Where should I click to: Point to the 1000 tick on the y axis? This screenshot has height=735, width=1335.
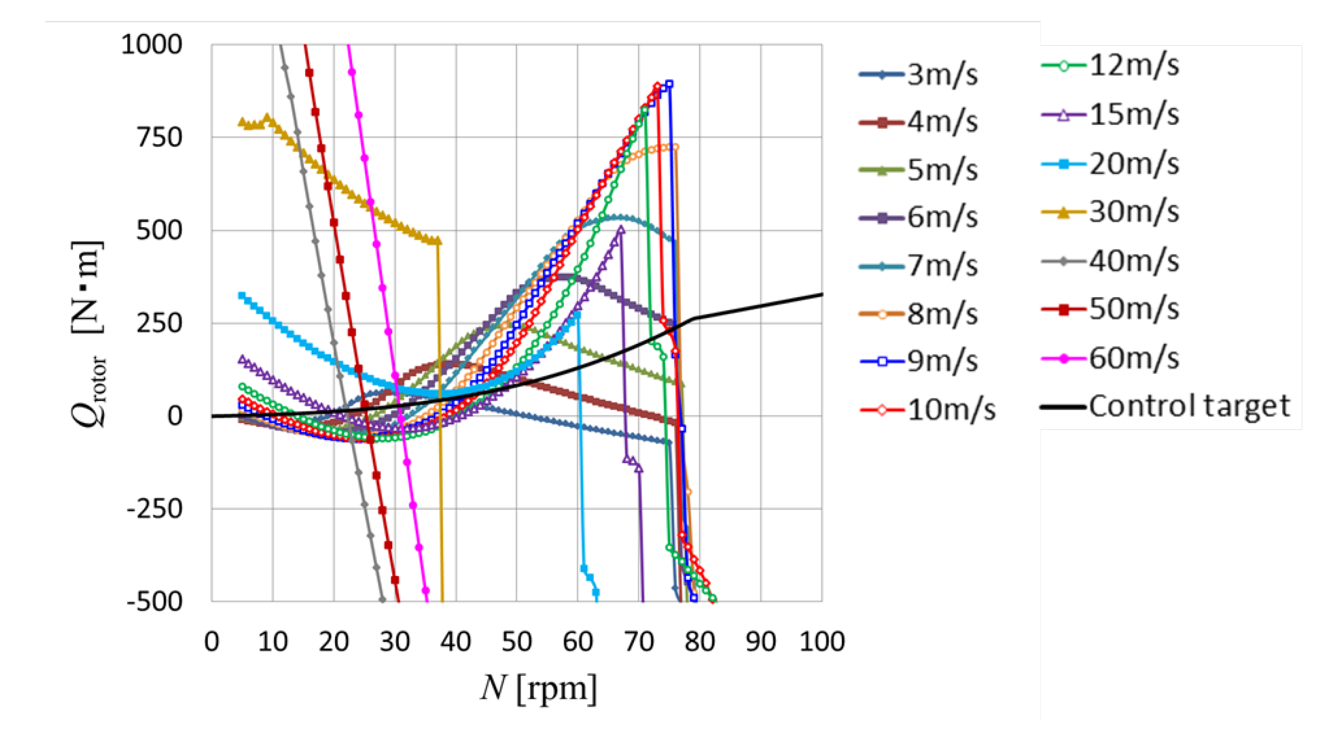coord(151,45)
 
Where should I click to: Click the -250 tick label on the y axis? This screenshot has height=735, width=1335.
coord(155,509)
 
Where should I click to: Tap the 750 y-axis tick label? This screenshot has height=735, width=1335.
coord(159,138)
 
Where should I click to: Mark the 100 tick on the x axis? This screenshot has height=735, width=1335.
coord(822,642)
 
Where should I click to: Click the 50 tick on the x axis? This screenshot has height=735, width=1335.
coord(517,642)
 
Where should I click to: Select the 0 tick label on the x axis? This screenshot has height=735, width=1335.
coord(211,642)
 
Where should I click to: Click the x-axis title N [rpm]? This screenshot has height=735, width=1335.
coord(539,688)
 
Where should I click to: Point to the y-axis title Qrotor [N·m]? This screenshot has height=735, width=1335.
coord(88,334)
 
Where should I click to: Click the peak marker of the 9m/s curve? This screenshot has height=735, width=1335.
coord(669,84)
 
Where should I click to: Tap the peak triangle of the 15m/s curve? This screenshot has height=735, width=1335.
coord(621,230)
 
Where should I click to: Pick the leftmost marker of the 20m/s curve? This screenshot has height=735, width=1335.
coord(242,296)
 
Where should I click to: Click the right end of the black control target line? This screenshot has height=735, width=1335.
coord(822,294)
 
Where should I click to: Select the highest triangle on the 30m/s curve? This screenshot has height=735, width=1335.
coord(267,118)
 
